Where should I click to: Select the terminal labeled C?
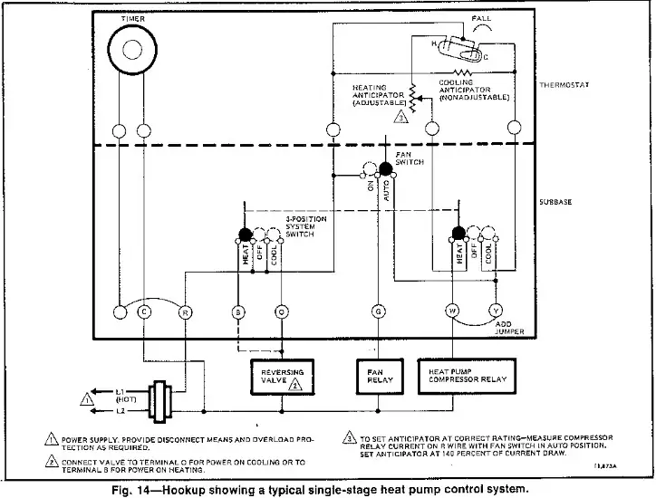tap(143, 312)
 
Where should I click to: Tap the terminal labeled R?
tap(185, 312)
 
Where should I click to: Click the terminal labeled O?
tap(282, 312)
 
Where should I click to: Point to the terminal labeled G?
tap(378, 312)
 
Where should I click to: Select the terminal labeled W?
tap(452, 312)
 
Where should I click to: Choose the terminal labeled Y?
tap(495, 312)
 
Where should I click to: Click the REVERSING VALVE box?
tap(283, 377)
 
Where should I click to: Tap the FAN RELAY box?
tap(378, 377)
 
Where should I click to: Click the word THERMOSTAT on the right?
tap(564, 86)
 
